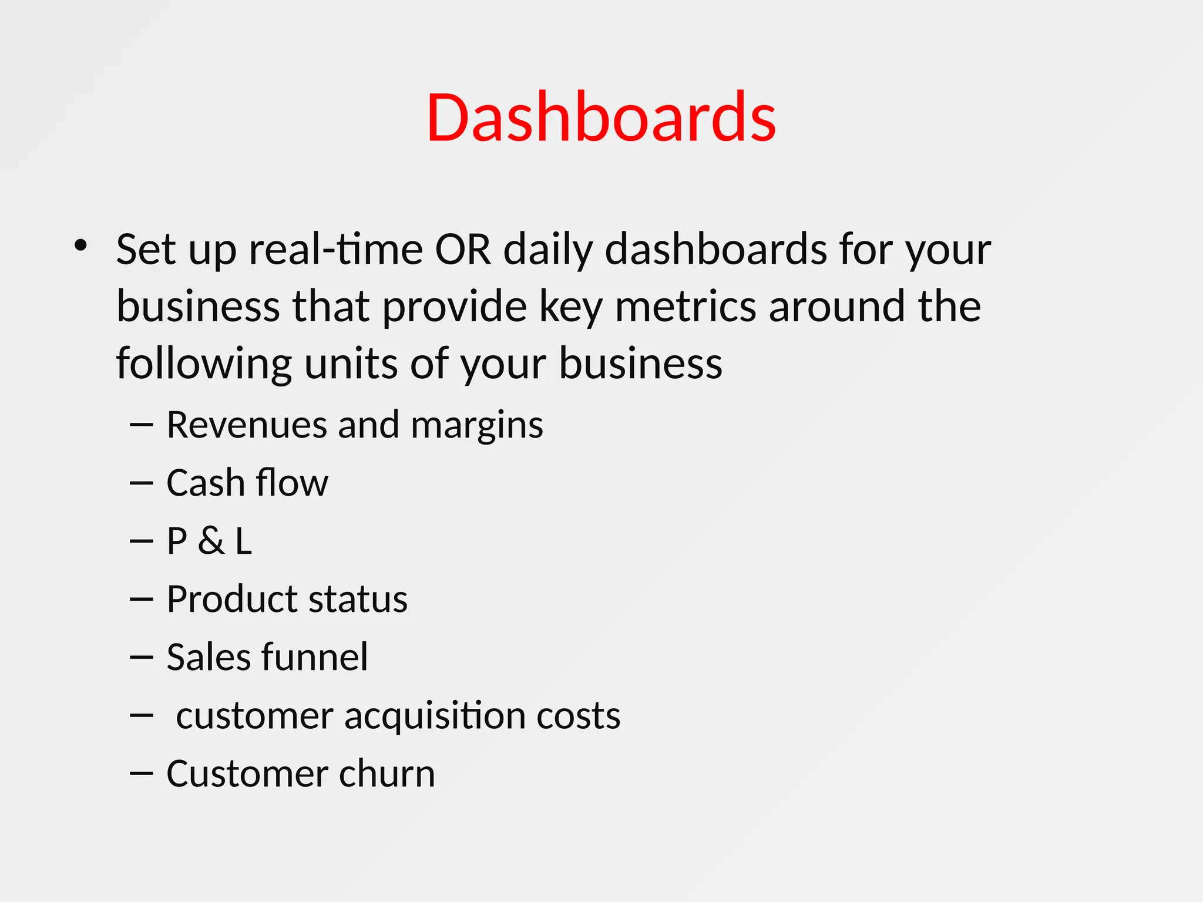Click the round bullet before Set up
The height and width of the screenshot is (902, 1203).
point(81,245)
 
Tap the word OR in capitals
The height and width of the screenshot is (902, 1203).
point(462,250)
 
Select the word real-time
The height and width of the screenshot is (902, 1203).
point(335,250)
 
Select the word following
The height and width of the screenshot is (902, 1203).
point(204,364)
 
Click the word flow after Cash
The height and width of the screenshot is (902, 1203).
point(291,483)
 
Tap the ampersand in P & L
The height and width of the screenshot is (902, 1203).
point(211,541)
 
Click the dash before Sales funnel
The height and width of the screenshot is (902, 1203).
point(141,658)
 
